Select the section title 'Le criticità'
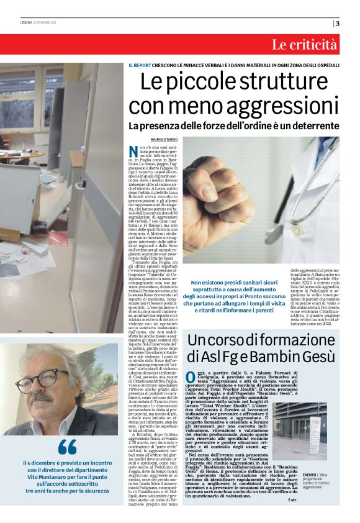tap(304, 45)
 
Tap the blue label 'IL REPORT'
tap(140, 65)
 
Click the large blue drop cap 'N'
tap(134, 152)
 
